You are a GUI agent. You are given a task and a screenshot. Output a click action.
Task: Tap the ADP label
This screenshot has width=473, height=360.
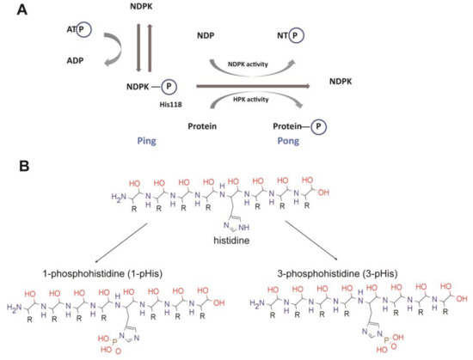53,62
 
